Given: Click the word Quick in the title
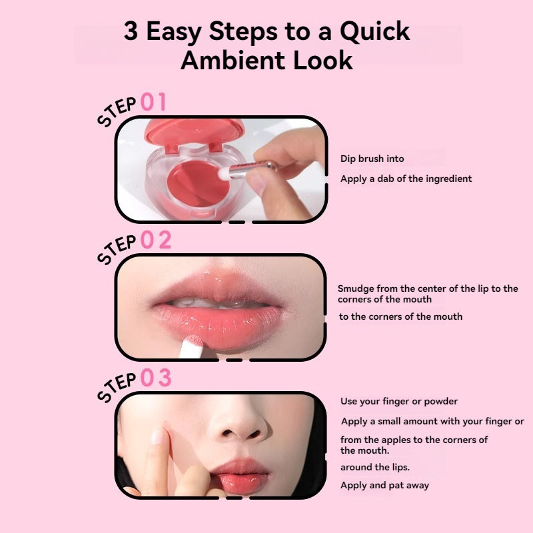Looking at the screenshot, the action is tap(374, 31).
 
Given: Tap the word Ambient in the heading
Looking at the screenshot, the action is tap(233, 61).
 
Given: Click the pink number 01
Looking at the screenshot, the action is tap(153, 102).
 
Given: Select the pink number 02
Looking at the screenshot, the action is tap(156, 240).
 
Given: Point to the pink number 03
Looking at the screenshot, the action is tap(156, 378).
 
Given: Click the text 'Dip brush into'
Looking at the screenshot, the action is tap(372, 159).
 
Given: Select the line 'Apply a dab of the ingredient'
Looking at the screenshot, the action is tap(406, 179).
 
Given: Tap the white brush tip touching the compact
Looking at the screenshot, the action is tap(224, 173).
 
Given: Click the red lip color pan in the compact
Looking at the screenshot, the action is tap(197, 184).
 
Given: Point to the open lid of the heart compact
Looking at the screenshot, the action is tap(195, 131).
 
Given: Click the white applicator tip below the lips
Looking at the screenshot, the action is tap(191, 346).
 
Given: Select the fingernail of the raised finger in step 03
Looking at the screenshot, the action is tap(157, 436).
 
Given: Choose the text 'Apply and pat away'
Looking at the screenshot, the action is tap(385, 486).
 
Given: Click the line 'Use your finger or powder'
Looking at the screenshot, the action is tap(399, 402).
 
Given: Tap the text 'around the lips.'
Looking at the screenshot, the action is tap(375, 468).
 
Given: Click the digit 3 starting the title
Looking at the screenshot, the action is tap(131, 31).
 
